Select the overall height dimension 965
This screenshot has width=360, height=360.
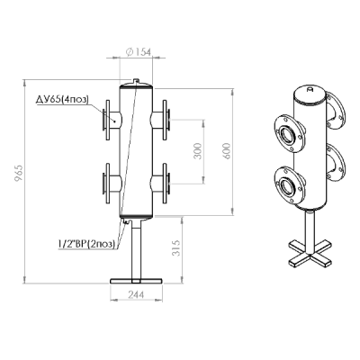[18, 173]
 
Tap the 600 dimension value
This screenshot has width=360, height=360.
[227, 151]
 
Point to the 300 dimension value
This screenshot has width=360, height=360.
[198, 151]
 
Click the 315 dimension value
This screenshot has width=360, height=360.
[177, 247]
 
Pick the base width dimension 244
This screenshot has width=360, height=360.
[136, 294]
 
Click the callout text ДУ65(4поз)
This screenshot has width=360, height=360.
[62, 99]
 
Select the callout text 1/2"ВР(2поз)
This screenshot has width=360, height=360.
[87, 244]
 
